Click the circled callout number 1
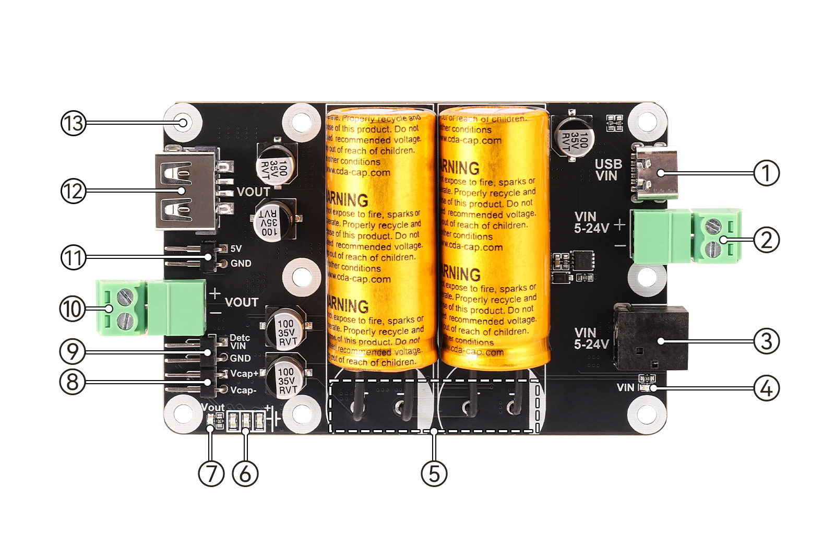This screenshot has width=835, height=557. point(766,173)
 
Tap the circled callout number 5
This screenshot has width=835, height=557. point(434,473)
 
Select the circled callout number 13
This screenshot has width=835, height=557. point(73,123)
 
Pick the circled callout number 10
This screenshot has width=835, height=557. point(73,309)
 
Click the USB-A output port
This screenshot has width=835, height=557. point(185,191)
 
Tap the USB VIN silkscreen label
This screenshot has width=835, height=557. point(608,170)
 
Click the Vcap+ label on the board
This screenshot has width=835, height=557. point(244,374)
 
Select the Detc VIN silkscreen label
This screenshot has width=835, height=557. point(240,342)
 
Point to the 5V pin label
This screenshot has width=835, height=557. point(236,248)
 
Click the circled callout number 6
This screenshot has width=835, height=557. point(245,473)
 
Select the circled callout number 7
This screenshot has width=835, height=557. point(211,473)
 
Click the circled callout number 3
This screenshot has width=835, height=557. point(766,341)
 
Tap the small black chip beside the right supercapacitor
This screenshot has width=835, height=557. point(581,259)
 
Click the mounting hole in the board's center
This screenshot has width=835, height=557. point(301,277)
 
